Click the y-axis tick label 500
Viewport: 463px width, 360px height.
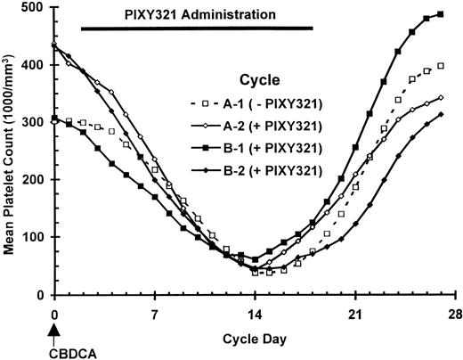[x=37, y=8]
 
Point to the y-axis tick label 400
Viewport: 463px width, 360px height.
[x=37, y=65]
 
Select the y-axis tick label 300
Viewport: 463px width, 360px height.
[x=37, y=122]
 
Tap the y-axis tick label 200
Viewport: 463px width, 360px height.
[x=37, y=180]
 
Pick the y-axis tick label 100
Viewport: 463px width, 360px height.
[x=37, y=237]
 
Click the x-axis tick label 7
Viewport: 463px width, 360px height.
[x=155, y=315]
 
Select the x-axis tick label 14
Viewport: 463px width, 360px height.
[x=255, y=315]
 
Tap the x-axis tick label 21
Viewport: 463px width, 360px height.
[x=354, y=315]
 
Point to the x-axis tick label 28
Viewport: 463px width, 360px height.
[x=453, y=315]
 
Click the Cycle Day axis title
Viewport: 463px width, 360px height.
[x=254, y=341]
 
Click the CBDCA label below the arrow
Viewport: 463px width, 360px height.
[x=55, y=351]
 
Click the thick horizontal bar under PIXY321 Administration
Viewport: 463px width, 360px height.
[x=197, y=29]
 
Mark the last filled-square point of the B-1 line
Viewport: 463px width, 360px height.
[x=440, y=14]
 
